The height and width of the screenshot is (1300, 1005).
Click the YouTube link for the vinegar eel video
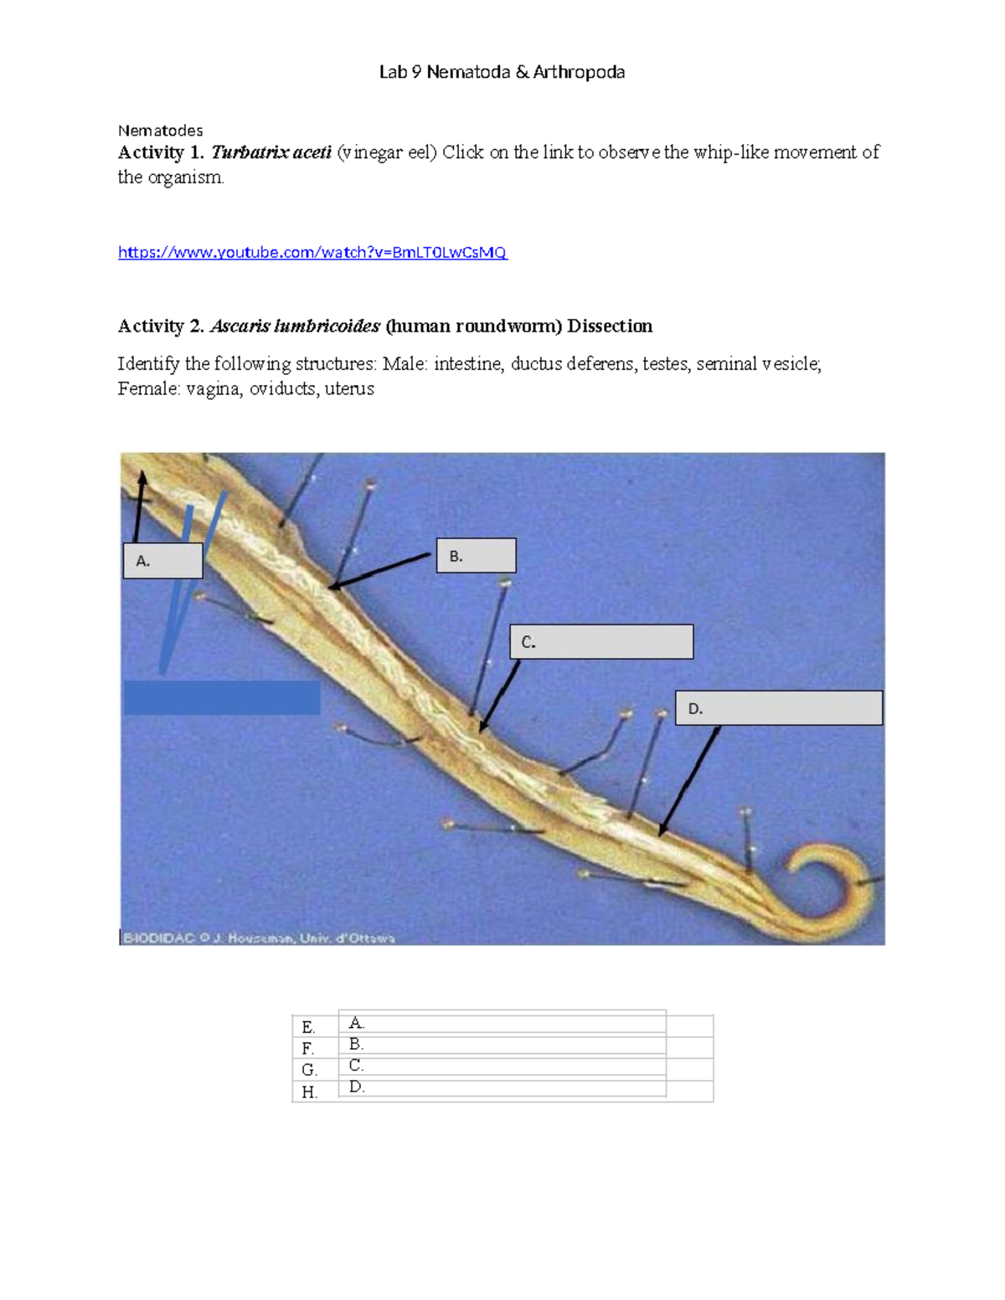[312, 252]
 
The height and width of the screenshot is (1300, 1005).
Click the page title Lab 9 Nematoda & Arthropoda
[502, 72]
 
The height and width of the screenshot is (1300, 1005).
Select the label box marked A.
[162, 561]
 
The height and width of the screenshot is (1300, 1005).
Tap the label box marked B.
[476, 556]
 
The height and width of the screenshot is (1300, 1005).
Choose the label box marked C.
[601, 642]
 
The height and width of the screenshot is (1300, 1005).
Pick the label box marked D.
[778, 708]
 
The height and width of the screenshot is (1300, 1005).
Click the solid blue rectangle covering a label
[222, 697]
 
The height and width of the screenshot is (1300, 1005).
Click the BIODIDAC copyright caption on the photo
[259, 938]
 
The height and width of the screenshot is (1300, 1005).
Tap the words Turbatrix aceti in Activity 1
[271, 152]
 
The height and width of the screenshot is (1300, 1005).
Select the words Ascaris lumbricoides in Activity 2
[295, 326]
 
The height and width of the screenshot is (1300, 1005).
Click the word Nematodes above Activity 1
[160, 131]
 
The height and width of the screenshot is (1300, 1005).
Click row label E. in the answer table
[308, 1027]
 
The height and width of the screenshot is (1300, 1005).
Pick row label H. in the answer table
[309, 1092]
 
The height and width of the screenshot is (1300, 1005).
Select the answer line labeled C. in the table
[502, 1066]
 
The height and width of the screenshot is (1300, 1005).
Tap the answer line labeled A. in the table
[502, 1023]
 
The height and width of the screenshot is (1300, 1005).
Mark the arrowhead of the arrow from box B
[333, 587]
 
